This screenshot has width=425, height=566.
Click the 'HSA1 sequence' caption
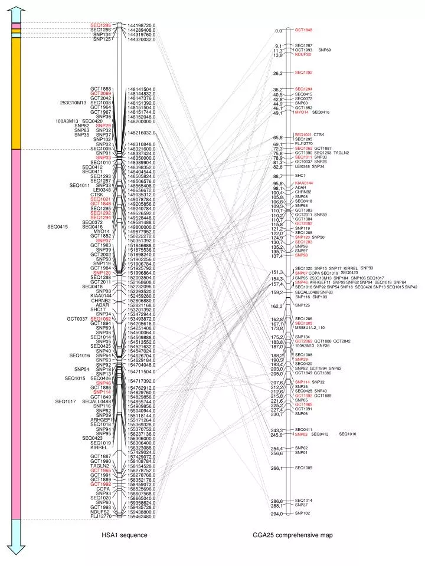125,535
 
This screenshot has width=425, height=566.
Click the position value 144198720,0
142,25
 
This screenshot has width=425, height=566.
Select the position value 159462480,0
142,517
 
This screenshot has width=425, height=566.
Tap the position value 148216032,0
142,133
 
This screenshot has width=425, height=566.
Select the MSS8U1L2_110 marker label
310,328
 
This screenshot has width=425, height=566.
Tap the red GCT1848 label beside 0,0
303,29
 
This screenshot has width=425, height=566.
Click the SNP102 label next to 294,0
302,513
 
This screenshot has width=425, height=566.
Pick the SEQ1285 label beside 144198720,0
101,25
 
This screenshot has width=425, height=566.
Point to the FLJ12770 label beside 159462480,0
101,517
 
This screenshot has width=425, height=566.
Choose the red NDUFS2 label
303,54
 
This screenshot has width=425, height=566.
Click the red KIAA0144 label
304,183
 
